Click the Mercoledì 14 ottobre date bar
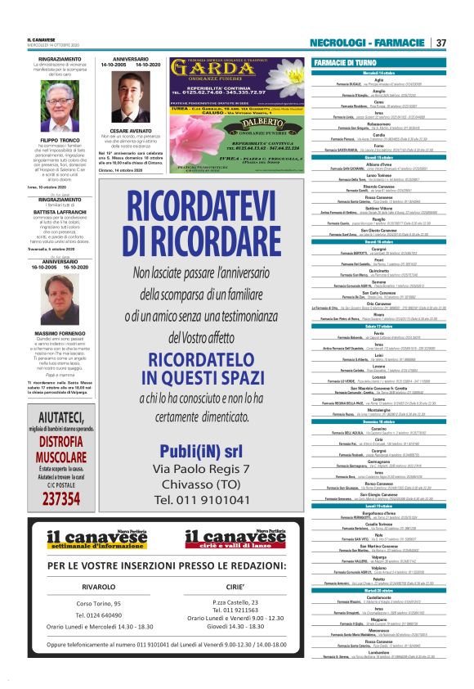pos(380,73)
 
